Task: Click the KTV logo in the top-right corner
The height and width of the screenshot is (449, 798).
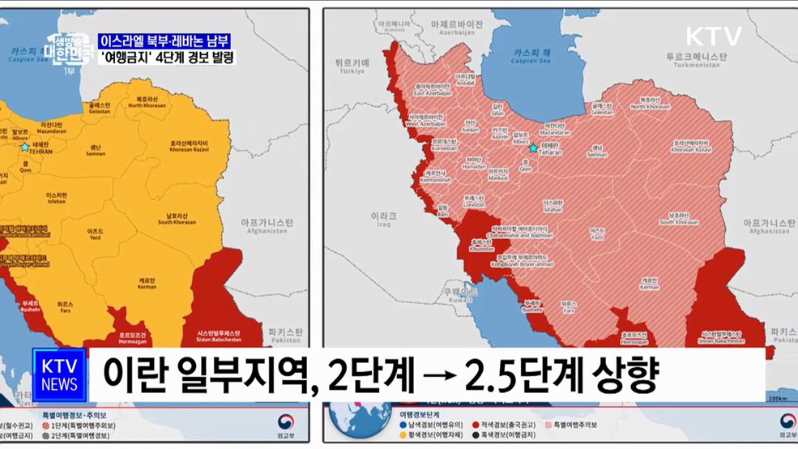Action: (713, 36)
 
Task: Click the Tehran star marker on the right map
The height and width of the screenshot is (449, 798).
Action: (533, 148)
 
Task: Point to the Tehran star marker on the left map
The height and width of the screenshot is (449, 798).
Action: (25, 147)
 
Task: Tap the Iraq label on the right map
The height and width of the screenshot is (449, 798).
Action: (383, 220)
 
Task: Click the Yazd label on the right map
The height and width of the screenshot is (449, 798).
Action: (597, 234)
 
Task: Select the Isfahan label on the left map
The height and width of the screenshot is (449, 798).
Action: (58, 199)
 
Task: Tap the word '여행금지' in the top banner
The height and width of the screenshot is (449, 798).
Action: (124, 58)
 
